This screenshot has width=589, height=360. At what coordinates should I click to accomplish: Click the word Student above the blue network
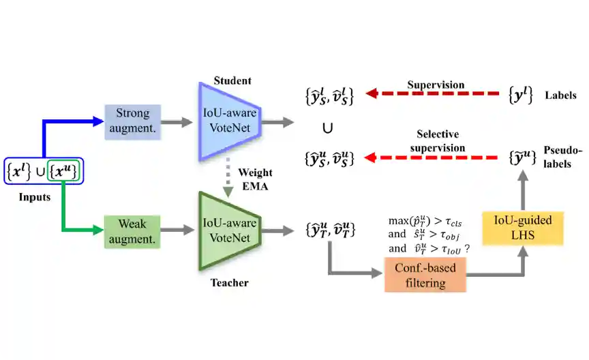tap(232, 81)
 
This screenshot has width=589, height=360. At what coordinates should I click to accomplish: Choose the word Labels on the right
tap(561, 95)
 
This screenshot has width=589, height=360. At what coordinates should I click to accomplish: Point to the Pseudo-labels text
tap(561, 156)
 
